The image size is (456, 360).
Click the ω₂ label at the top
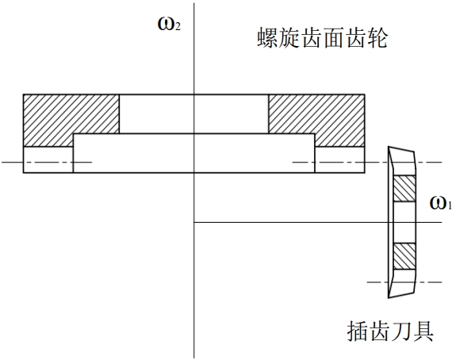pos(169,24)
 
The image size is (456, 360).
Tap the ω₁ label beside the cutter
pos(441,203)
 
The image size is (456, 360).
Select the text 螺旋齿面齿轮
pos(322,38)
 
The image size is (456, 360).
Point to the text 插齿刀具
pos(390,331)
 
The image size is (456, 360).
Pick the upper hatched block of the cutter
pos(404,189)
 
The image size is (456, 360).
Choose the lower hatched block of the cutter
pos(404,256)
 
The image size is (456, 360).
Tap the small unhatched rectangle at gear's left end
pos(48,160)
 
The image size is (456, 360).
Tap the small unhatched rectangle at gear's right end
pos(339,160)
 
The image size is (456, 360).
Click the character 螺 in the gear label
pos(267,38)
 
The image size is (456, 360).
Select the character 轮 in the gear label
pos(377,38)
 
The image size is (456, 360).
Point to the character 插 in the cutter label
pos(358,331)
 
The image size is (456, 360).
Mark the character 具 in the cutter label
pos(423,331)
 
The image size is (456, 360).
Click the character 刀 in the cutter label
pos(401,331)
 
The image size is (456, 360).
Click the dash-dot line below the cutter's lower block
pos(404,282)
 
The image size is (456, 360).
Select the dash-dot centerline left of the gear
pos(47,162)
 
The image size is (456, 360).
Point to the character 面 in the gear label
pos(333,38)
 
